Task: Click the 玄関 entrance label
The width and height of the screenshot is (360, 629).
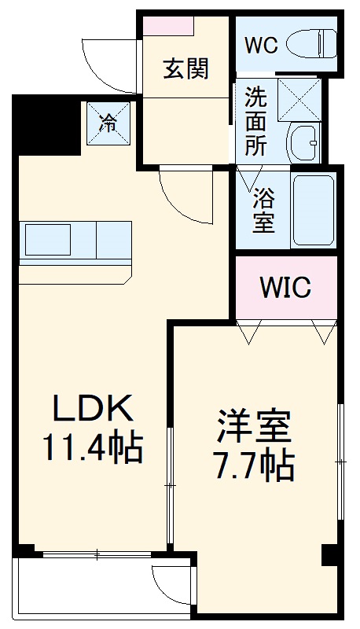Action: pos(186,69)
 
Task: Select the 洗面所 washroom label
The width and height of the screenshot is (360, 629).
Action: pos(255,122)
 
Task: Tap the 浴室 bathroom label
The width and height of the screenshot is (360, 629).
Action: pos(263,209)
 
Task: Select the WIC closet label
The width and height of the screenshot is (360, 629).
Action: pos(285,287)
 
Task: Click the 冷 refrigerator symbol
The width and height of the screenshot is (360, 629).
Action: pos(108,123)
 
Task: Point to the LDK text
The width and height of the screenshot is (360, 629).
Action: pos(91,409)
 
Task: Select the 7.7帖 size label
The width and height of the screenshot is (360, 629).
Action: pos(253,467)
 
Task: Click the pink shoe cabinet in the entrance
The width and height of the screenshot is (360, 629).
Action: pos(168,25)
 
